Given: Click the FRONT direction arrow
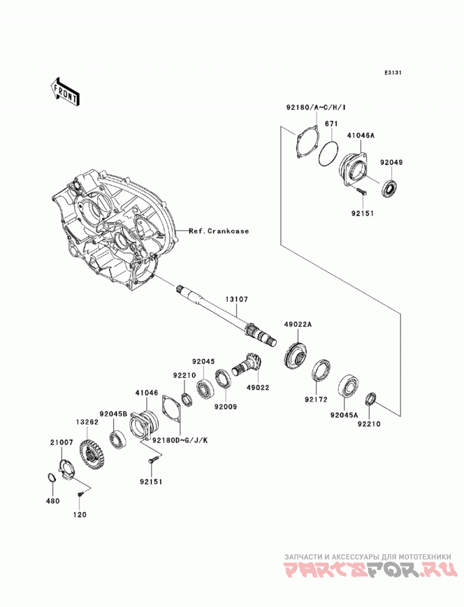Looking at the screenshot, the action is [64, 92].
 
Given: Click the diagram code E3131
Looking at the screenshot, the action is [392, 72].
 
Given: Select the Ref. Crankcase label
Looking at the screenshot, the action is [219, 231].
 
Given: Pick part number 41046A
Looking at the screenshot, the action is [361, 136].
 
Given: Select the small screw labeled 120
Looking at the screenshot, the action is [81, 495].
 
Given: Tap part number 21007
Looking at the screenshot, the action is [61, 442].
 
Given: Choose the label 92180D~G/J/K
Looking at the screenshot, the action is [180, 441].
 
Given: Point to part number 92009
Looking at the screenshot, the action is [226, 407].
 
